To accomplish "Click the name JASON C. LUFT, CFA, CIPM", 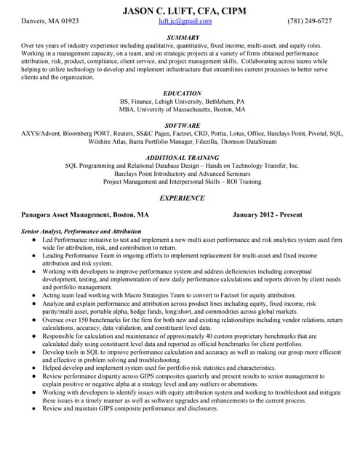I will (x=180, y=9).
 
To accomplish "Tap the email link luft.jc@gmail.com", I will (x=180, y=21).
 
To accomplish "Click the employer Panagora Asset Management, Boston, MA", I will (x=85, y=215).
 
